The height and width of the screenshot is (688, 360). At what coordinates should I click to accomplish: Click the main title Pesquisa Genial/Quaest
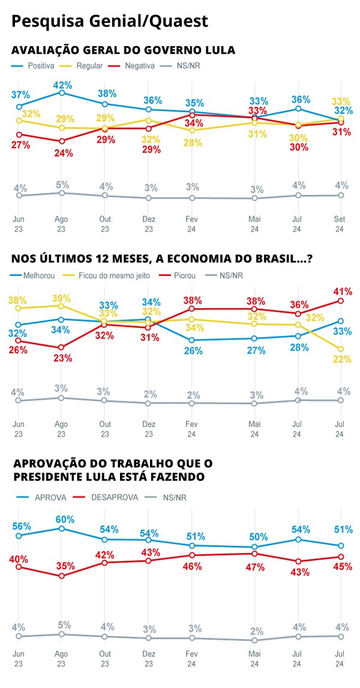coord(110,22)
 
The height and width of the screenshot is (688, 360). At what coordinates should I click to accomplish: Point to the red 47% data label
coord(256,567)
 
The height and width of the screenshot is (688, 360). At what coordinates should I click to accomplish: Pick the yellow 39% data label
coord(62,298)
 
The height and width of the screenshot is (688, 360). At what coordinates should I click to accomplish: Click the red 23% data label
coord(62,359)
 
